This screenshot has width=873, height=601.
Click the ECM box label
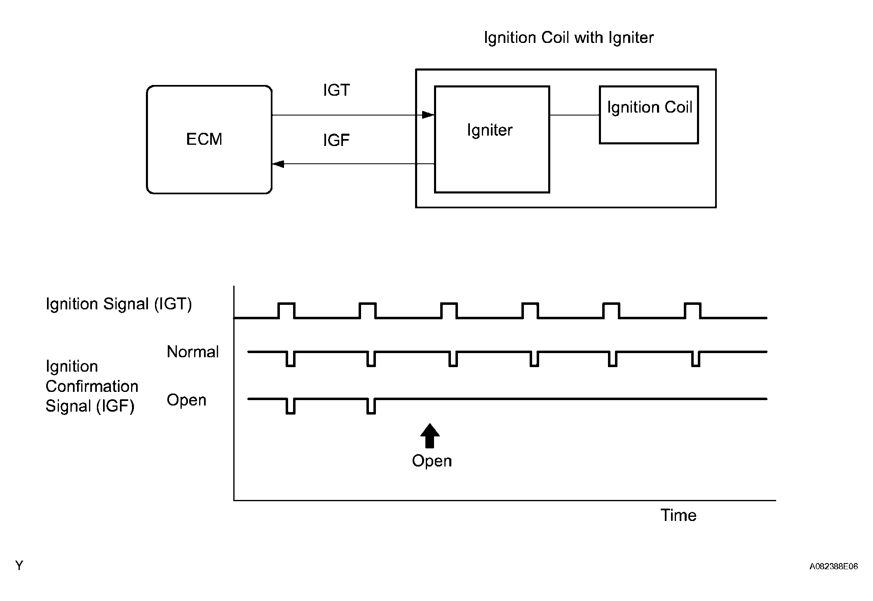(x=204, y=139)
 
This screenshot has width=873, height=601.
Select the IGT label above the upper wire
(x=336, y=90)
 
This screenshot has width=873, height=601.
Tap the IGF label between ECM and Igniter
(x=336, y=141)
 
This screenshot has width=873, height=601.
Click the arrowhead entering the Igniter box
(x=429, y=115)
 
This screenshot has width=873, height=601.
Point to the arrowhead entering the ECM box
(x=278, y=164)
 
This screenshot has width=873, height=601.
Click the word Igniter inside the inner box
(x=490, y=130)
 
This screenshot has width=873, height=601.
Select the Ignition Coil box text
(x=649, y=107)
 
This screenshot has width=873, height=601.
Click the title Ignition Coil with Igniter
(x=569, y=38)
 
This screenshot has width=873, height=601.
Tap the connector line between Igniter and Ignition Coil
(x=575, y=115)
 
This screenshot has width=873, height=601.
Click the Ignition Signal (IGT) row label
(x=119, y=304)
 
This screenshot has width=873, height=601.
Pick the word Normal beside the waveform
(x=193, y=352)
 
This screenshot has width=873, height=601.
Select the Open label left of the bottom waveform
(x=186, y=400)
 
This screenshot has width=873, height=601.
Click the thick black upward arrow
(x=430, y=436)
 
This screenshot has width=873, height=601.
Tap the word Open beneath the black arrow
(x=432, y=461)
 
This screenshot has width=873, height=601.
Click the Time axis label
(x=678, y=515)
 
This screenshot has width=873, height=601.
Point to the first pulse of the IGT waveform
(x=286, y=310)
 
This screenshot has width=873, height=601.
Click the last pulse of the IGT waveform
(x=693, y=310)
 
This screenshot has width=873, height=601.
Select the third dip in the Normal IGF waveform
(x=453, y=359)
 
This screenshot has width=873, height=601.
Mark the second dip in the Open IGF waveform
(x=371, y=406)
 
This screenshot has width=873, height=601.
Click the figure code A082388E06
(x=833, y=566)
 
